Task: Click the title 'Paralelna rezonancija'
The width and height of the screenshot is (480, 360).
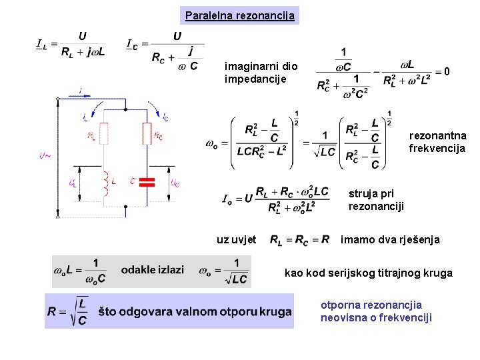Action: (x=240, y=15)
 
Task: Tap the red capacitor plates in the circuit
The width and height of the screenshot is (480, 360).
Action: (x=149, y=182)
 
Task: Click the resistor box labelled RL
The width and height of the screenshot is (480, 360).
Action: (x=104, y=135)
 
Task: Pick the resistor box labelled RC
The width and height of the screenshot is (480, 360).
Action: (x=148, y=135)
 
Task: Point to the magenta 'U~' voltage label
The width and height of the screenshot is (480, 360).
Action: (x=45, y=156)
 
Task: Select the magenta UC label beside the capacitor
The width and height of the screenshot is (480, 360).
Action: (x=174, y=183)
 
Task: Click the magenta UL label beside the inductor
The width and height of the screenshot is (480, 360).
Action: (x=71, y=183)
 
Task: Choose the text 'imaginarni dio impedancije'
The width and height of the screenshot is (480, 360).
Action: (x=257, y=73)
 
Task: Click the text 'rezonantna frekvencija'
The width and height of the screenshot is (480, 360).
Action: (x=437, y=142)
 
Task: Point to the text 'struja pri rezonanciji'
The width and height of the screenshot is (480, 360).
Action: (x=376, y=200)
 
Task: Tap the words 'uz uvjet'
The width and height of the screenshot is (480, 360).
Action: (x=237, y=239)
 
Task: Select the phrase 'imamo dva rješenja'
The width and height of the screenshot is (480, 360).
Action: (x=390, y=239)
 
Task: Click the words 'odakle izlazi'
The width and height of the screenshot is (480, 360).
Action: (x=152, y=269)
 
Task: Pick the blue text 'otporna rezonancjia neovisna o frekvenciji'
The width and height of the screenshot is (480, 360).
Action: (x=376, y=311)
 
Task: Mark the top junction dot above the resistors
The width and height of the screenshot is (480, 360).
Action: (x=104, y=97)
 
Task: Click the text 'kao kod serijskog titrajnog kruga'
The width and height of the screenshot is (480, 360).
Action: (x=368, y=273)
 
